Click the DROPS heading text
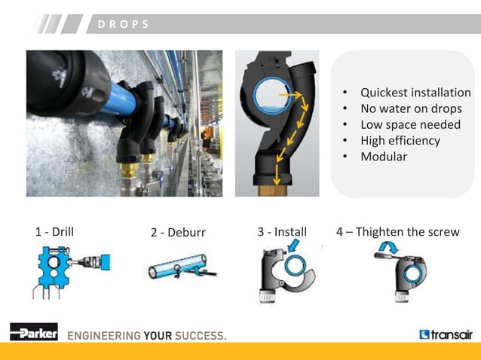[x=124, y=24]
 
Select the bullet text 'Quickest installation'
[x=415, y=93]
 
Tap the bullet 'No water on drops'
[x=411, y=108]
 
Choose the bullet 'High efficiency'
[x=400, y=140]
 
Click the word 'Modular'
[x=383, y=157]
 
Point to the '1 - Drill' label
[x=54, y=232]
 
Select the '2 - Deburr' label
[x=178, y=232]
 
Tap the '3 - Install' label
[x=282, y=231]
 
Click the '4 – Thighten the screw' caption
[x=397, y=231]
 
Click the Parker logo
[x=33, y=332]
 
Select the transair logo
[x=446, y=334]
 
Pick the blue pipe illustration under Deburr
[x=177, y=266]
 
